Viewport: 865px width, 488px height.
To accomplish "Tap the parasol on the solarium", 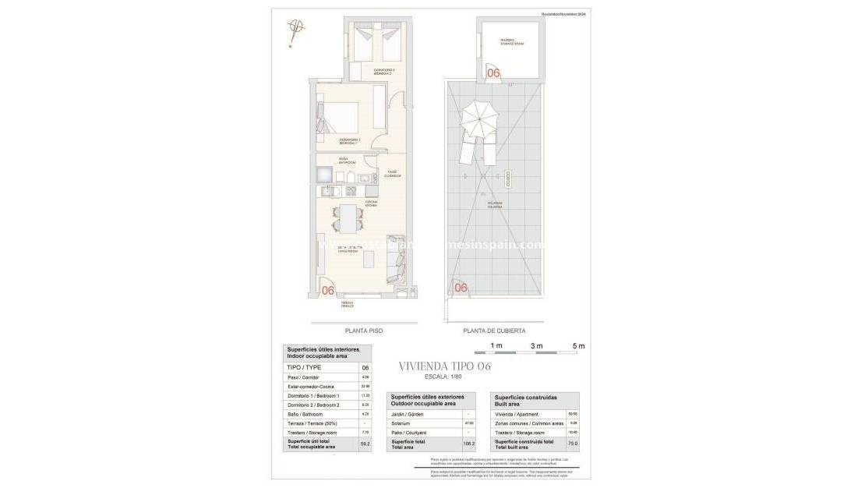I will tap(480, 121).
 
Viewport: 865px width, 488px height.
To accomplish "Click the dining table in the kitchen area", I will tap(347, 217).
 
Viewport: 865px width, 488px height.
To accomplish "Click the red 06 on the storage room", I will tap(493, 72).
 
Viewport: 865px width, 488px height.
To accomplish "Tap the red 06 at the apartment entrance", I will tap(328, 291).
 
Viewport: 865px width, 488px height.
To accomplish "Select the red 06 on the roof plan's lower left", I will tap(461, 288).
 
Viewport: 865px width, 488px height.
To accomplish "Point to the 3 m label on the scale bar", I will tap(536, 345).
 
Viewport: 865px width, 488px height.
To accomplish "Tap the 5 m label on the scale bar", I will tap(578, 345).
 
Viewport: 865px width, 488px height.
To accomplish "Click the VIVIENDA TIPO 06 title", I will tap(444, 366).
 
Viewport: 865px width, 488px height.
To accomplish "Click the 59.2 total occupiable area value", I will tap(365, 444).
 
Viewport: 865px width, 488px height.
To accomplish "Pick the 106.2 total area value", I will tap(468, 444).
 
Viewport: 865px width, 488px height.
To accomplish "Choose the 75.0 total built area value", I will tap(572, 444).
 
